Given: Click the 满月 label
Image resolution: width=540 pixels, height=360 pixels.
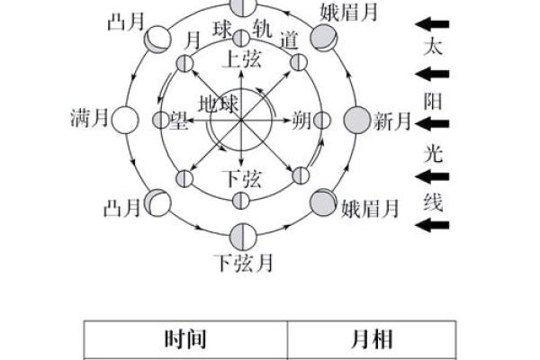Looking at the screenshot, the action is [x=89, y=118].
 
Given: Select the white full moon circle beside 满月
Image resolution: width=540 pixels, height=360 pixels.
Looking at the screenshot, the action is [x=125, y=120].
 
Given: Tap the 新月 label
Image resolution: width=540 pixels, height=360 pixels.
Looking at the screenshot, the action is [x=391, y=121].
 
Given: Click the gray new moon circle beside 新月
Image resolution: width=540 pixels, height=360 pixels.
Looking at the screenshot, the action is [x=357, y=120].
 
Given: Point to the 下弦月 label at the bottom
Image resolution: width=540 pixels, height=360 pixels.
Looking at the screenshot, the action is [x=244, y=263].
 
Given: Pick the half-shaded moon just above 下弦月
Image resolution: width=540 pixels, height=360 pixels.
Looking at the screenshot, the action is [x=244, y=237].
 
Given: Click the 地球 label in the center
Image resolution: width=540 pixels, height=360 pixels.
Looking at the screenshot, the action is [x=219, y=103].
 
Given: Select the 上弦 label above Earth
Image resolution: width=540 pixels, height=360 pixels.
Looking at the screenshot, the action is [x=242, y=58].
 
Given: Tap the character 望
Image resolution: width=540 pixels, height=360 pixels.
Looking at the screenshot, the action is [x=179, y=121].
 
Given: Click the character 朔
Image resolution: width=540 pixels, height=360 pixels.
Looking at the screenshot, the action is [x=301, y=121].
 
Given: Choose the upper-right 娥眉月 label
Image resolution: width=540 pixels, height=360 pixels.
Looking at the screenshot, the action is [x=349, y=12].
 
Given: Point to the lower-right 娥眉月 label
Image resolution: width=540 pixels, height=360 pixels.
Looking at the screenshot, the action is [x=370, y=209].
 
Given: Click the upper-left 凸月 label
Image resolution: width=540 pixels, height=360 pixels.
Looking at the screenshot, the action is [x=126, y=22].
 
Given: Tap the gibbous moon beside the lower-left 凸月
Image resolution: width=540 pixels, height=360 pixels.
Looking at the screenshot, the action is [x=157, y=202].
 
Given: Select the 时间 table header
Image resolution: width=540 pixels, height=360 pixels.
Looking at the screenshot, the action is [x=185, y=339].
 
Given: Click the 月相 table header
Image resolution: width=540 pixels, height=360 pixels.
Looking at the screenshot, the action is [x=372, y=339].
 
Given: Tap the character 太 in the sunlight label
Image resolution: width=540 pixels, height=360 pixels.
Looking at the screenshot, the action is [x=433, y=47].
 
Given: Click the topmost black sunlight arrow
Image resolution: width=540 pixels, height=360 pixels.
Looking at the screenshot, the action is [x=432, y=24].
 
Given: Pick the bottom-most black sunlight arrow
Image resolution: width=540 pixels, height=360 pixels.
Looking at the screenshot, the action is [x=432, y=225].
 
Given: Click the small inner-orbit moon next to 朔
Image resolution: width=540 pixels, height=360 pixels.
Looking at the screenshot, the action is [x=321, y=121].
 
